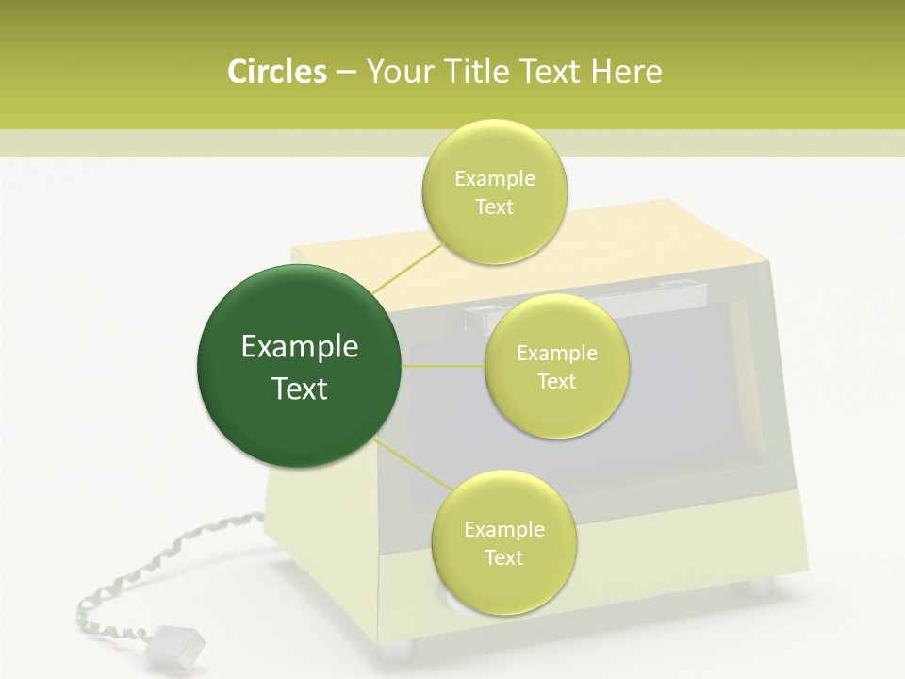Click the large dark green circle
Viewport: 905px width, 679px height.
(x=300, y=366)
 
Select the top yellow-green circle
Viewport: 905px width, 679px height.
(x=495, y=191)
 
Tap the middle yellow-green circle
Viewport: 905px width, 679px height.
(x=556, y=366)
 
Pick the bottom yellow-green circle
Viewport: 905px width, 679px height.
(x=503, y=542)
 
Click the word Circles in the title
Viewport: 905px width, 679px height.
(x=276, y=72)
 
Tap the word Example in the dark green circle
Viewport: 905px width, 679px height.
(x=300, y=347)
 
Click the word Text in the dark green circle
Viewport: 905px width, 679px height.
(x=300, y=389)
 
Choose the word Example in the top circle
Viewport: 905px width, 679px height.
(x=495, y=179)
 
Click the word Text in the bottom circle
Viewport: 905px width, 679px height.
(x=503, y=557)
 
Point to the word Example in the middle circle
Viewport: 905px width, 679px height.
(x=556, y=354)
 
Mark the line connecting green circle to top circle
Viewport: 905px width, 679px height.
(x=407, y=268)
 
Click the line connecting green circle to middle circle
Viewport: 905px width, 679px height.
(x=443, y=366)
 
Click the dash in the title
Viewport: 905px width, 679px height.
(x=345, y=73)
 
